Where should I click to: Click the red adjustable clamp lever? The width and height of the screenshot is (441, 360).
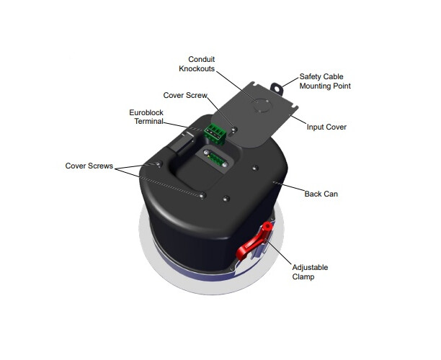254,242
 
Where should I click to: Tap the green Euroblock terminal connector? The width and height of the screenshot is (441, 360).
215,133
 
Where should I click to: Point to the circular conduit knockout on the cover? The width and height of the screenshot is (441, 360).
262,105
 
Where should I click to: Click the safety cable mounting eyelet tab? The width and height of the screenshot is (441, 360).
277,88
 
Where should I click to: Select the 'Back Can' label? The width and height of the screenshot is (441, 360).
321,194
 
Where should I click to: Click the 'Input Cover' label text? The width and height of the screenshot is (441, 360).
326,127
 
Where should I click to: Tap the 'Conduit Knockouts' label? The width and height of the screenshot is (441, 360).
197,64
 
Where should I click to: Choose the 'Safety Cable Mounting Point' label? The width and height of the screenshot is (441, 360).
325,81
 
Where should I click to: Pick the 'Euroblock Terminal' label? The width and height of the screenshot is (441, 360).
146,117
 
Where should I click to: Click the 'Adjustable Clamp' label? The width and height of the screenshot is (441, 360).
310,272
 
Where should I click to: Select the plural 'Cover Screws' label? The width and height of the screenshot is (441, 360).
89,166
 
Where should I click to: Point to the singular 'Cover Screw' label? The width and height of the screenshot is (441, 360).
185,95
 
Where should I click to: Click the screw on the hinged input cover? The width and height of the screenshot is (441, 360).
234,130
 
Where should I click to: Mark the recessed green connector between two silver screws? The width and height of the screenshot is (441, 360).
215,159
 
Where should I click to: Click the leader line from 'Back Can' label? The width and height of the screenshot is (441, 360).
289,187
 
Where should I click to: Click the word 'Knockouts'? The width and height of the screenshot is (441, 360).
197,68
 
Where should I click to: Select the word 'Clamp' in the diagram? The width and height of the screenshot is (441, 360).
303,276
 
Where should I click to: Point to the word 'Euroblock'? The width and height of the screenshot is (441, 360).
146,113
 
